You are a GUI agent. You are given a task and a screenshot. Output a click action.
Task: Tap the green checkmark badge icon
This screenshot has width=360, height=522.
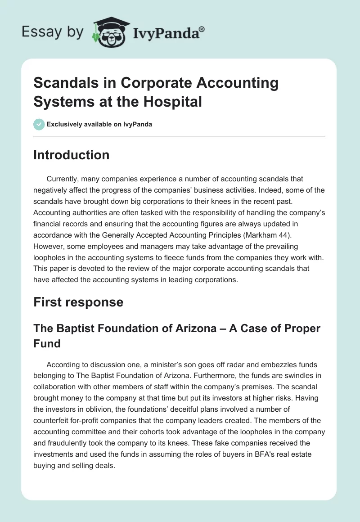pyautogui.click(x=39, y=124)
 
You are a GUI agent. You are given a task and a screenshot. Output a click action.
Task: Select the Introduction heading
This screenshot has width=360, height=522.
pyautogui.click(x=72, y=155)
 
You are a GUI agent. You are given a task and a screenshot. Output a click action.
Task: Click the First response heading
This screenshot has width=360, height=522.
pyautogui.click(x=78, y=301)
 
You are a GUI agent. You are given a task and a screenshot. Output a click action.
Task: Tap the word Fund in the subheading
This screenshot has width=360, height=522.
pyautogui.click(x=46, y=344)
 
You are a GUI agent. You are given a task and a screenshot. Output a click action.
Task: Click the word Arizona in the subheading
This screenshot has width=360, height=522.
pyautogui.click(x=196, y=328)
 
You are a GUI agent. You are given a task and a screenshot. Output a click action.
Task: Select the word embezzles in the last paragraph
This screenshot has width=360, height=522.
pyautogui.click(x=248, y=364)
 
